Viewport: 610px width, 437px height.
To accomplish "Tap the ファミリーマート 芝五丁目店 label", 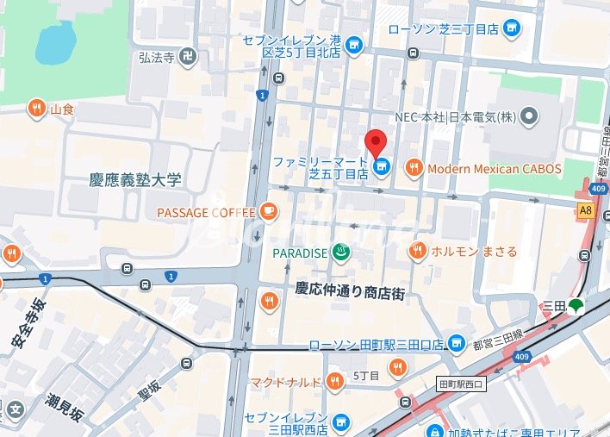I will [x=321, y=167].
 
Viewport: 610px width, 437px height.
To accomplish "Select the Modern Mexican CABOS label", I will [x=494, y=169].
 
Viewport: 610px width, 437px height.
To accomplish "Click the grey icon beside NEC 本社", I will [x=529, y=116].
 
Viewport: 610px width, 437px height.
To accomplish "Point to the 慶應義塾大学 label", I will [x=135, y=180].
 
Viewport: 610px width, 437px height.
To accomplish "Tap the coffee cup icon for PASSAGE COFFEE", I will [x=269, y=211].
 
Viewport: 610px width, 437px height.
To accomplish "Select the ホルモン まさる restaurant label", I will [x=474, y=252].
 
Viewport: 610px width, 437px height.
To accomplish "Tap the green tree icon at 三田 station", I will [x=576, y=304].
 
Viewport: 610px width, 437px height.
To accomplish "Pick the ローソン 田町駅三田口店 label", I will [x=377, y=345].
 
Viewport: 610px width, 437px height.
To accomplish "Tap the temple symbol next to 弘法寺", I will [x=189, y=58].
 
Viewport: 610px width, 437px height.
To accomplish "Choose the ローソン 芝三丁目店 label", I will [x=443, y=28].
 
